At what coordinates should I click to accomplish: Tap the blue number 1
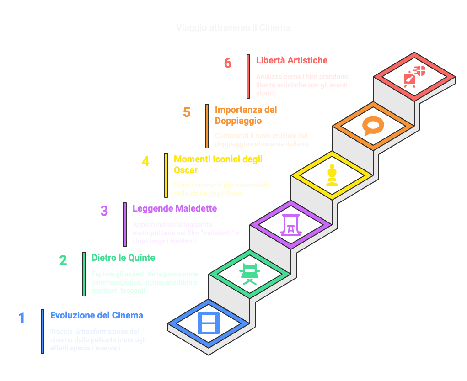click(21, 318)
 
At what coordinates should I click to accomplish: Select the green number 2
click(63, 260)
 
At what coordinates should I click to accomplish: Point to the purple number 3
click(104, 211)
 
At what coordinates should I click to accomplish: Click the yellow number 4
click(145, 162)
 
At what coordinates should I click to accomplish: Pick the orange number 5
click(187, 112)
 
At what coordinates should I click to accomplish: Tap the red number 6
click(228, 63)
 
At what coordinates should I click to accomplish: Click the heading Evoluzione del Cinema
click(97, 315)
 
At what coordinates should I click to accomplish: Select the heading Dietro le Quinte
click(123, 258)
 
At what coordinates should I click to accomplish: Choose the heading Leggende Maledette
click(175, 208)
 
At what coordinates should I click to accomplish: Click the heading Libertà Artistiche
click(292, 60)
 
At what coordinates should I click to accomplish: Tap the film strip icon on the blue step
click(208, 323)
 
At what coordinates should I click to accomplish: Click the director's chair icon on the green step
click(250, 274)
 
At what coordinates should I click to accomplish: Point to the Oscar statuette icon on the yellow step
click(332, 175)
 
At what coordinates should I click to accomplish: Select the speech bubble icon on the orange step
click(373, 126)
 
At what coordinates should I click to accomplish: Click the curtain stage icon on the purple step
click(291, 224)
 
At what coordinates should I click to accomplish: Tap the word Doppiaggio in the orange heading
click(238, 121)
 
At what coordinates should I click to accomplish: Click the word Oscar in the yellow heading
click(186, 170)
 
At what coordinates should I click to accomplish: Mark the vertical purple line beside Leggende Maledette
click(125, 225)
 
